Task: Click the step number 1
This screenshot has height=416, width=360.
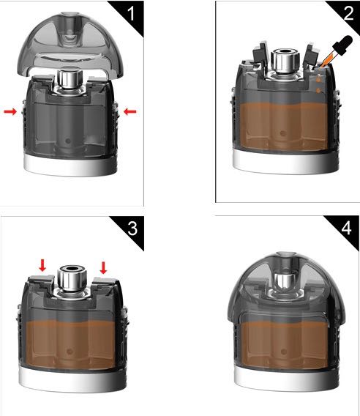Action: pyautogui.click(x=131, y=13)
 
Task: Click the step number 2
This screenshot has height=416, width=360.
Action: pyautogui.click(x=348, y=13)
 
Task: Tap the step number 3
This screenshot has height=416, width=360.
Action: pyautogui.click(x=132, y=228)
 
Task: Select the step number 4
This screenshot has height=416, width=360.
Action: pyautogui.click(x=347, y=228)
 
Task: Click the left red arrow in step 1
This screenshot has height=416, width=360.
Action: pyautogui.click(x=10, y=112)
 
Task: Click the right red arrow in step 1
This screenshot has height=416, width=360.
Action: pyautogui.click(x=130, y=112)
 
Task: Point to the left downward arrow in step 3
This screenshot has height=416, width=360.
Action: pyautogui.click(x=42, y=266)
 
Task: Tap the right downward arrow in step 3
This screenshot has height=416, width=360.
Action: pyautogui.click(x=103, y=268)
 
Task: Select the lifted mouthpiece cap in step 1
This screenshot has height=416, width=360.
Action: pyautogui.click(x=70, y=45)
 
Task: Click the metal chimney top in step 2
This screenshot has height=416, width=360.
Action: pyautogui.click(x=285, y=61)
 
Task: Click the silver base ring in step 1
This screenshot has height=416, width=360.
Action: pyautogui.click(x=70, y=166)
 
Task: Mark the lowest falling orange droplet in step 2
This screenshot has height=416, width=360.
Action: pyautogui.click(x=318, y=91)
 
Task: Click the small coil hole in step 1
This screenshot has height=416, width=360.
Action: pyautogui.click(x=68, y=141)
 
